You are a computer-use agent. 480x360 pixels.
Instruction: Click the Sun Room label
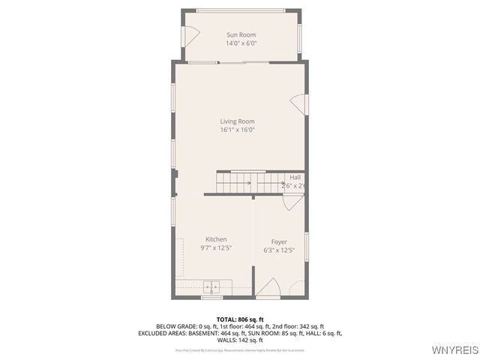pos(241,34)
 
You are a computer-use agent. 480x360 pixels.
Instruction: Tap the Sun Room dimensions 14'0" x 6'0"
pos(241,43)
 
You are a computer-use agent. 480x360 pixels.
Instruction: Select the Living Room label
pos(237,121)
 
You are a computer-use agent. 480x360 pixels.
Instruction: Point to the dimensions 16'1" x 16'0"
pos(237,130)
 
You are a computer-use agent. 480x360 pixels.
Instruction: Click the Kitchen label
pos(216,239)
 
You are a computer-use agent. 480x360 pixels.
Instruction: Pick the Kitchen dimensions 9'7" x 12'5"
pos(216,247)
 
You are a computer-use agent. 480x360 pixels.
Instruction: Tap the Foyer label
pos(279,241)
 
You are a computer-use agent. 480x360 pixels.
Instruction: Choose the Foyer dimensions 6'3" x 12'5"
pos(279,250)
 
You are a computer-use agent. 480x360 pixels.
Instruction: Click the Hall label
pos(295,178)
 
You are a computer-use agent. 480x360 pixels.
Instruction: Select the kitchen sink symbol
pos(211,286)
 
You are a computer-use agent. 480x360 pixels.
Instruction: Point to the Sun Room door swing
pos(190,34)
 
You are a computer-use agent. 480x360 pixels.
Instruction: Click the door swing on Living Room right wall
pos(299,103)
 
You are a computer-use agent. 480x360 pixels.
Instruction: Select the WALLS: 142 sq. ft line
pos(240,340)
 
